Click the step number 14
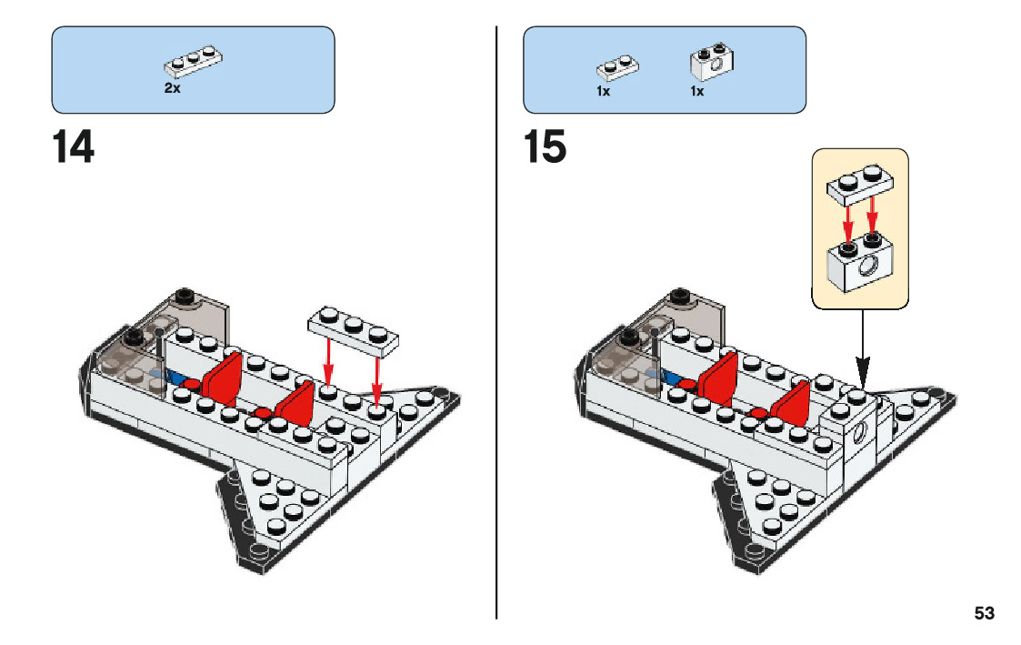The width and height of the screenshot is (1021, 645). point(73,146)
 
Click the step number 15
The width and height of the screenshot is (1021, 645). point(545,146)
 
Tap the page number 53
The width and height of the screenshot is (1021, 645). point(984,613)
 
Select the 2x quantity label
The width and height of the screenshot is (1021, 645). point(172,89)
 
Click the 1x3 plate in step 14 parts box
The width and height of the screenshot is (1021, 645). point(194,61)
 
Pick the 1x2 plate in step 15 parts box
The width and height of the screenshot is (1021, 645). point(617,66)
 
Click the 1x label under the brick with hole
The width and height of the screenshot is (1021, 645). point(697,92)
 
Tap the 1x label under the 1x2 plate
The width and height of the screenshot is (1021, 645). point(603,92)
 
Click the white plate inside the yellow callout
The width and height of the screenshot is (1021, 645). point(860,186)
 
